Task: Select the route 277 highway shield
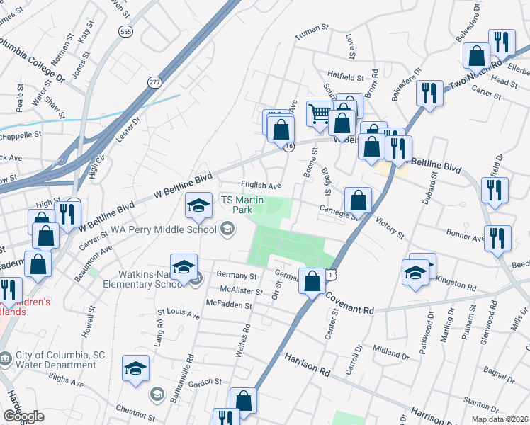click(x=154, y=83)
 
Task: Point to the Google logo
click(x=23, y=416)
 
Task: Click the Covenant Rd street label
click(x=349, y=310)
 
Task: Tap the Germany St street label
click(x=237, y=276)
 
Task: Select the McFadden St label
click(x=228, y=305)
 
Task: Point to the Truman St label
click(x=312, y=29)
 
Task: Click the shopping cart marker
click(x=320, y=113)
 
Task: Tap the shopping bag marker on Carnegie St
click(x=359, y=200)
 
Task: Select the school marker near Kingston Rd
click(x=415, y=273)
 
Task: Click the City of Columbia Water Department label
click(x=55, y=360)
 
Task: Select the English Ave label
click(x=261, y=186)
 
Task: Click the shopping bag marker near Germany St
click(x=312, y=281)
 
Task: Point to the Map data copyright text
click(x=502, y=419)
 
